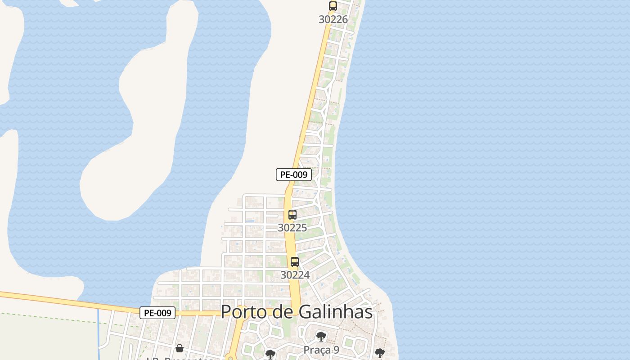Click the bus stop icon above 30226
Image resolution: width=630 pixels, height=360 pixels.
tap(333, 6)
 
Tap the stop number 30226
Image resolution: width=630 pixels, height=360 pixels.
tap(333, 19)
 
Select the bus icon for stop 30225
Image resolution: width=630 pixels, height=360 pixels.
tap(292, 215)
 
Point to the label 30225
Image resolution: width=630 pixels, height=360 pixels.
tap(292, 228)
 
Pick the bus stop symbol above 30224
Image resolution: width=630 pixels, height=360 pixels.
tap(295, 261)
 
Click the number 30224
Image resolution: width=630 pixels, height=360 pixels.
tap(295, 274)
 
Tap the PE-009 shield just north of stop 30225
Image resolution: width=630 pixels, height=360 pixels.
tap(294, 175)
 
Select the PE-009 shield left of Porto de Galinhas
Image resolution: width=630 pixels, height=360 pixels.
tap(157, 313)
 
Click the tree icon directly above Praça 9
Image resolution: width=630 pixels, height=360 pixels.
tap(321, 336)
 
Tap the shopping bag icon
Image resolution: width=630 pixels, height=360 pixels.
tap(180, 348)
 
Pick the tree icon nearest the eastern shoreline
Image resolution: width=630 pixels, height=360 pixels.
tap(379, 353)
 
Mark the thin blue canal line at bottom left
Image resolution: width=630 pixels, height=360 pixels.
tap(99, 333)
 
